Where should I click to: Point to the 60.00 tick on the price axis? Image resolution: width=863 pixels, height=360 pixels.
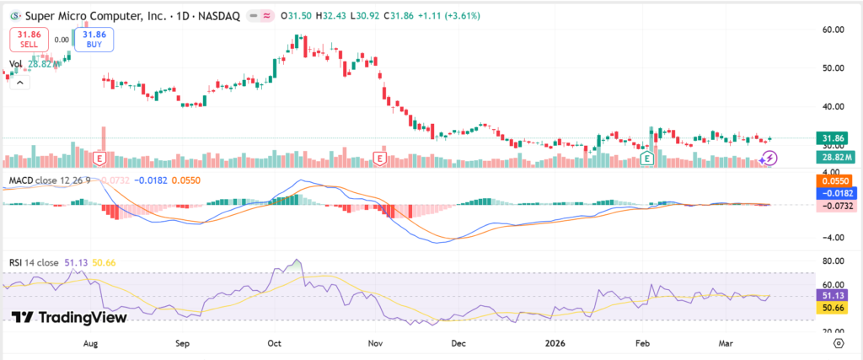coord(833,30)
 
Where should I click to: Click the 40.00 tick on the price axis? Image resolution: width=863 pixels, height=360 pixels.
coord(833,106)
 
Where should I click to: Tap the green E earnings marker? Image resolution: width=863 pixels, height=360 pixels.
coord(647,159)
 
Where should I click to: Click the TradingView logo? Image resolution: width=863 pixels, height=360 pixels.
coord(69,317)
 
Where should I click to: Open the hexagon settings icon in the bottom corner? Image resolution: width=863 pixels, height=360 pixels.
coord(839,344)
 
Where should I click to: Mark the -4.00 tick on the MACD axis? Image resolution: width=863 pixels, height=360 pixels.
coord(833,238)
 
